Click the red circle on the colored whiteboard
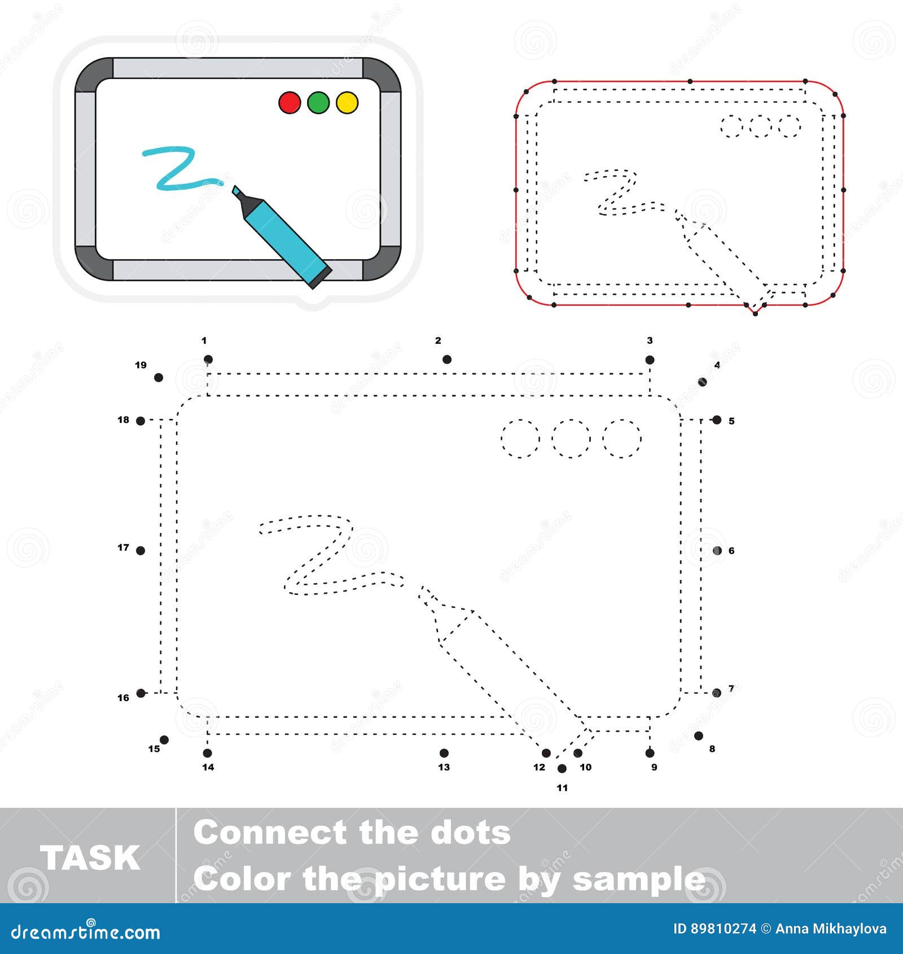pos(290,103)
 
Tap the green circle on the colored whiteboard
pos(318,103)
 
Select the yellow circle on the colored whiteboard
pos(347,103)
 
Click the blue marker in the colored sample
pos(285,237)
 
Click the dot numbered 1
pos(208,359)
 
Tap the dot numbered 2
pos(447,359)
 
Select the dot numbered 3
pos(650,360)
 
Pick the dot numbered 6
pos(717,550)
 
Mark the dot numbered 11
pos(562,768)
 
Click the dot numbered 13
pos(444,752)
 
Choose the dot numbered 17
pos(141,550)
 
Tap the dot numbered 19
pos(159,377)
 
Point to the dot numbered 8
pos(699,736)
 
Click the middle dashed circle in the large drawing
pos(571,438)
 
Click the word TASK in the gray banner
pos(90,858)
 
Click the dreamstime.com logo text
pos(86,932)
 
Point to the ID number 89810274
pos(723,929)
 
